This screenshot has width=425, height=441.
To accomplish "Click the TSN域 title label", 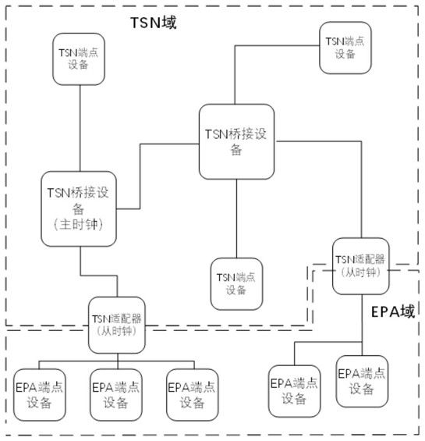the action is point(154,23).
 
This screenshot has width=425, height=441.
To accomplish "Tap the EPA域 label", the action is point(393,312).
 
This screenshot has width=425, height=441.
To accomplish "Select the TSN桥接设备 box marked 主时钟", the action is point(79,209).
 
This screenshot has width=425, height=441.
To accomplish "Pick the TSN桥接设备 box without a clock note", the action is point(236,142).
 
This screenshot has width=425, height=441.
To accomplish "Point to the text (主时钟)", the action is point(78,225).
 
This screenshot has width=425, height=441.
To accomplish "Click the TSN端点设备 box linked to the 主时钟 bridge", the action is point(79,59).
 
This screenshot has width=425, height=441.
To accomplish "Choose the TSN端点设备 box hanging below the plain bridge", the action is point(236,284).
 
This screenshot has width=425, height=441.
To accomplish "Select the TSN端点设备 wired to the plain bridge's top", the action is point(345,48).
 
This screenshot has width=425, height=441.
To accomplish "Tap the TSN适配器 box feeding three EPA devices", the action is point(117,325).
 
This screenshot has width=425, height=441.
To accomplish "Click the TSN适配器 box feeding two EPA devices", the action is point(361,266).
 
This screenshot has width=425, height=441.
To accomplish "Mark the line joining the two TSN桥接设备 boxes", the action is point(140,176).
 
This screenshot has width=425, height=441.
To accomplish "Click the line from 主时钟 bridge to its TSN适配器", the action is point(98,276).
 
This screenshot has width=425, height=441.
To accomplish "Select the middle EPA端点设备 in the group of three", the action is point(116,395).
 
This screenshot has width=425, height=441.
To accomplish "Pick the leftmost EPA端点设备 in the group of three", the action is point(40,395).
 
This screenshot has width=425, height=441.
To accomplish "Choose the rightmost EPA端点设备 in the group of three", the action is point(193,395).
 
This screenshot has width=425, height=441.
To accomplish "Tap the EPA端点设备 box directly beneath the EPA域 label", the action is point(362,382).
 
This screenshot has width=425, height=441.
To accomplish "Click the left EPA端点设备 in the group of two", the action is point(295,391).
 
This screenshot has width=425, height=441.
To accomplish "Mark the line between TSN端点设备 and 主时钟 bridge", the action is point(80,128).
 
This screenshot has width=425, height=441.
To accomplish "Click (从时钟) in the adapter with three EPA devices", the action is point(117,331).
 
